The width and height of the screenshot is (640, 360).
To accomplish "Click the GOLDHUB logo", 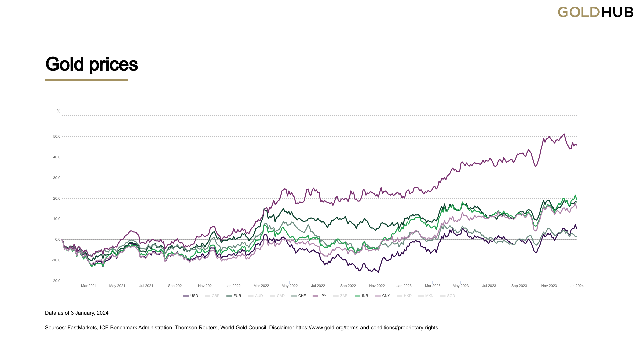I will (x=595, y=12).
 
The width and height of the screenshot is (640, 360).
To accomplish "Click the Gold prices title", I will (x=91, y=64).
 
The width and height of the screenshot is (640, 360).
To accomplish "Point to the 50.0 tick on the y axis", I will (x=57, y=136).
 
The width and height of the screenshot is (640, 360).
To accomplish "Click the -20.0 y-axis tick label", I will (x=56, y=281).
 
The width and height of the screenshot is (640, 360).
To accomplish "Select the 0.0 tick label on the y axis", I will (x=58, y=239).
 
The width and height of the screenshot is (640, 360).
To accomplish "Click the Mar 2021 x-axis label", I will (x=89, y=286).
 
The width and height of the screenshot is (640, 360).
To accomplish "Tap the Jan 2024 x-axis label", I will (x=576, y=286).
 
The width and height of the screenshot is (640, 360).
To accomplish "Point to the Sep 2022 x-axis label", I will (x=348, y=286).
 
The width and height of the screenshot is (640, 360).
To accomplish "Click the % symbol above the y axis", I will (x=58, y=111).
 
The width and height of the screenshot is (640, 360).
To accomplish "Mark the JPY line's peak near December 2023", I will (x=564, y=134).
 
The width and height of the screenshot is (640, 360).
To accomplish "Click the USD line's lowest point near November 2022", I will (x=378, y=272).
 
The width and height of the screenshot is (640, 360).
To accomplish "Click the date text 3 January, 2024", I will (x=90, y=313).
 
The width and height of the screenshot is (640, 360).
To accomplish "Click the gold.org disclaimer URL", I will (x=367, y=328).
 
